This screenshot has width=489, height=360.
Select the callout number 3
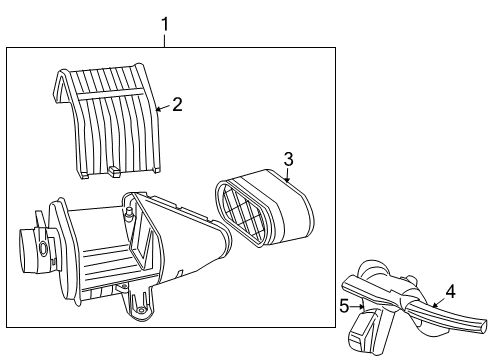tap(288, 159)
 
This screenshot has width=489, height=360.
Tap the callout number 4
tap(450, 291)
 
